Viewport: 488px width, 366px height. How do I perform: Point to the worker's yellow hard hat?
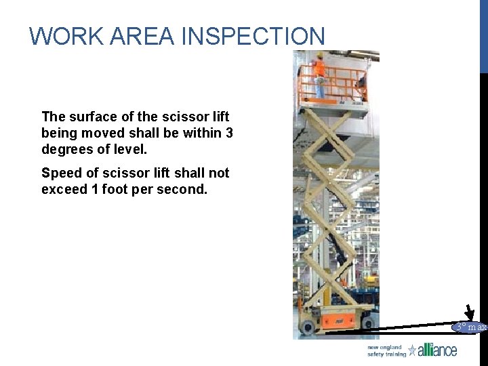pyautogui.click(x=319, y=56)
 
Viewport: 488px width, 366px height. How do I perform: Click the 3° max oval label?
pyautogui.click(x=470, y=327)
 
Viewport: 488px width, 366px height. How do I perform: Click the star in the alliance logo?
pyautogui.click(x=412, y=350)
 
